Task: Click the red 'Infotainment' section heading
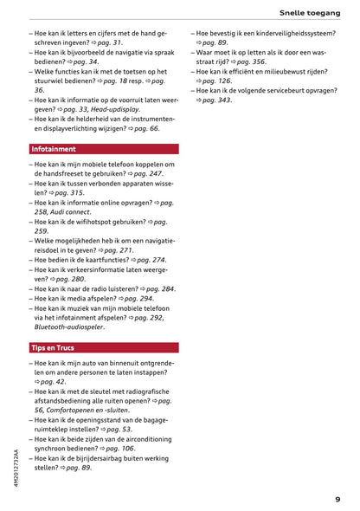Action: click(x=54, y=149)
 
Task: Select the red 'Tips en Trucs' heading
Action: click(x=53, y=347)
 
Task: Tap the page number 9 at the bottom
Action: click(x=337, y=498)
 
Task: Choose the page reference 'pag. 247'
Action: click(x=145, y=174)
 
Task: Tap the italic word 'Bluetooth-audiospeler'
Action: click(x=70, y=327)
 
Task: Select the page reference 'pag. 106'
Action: click(x=118, y=449)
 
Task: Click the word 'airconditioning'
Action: click(x=147, y=438)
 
